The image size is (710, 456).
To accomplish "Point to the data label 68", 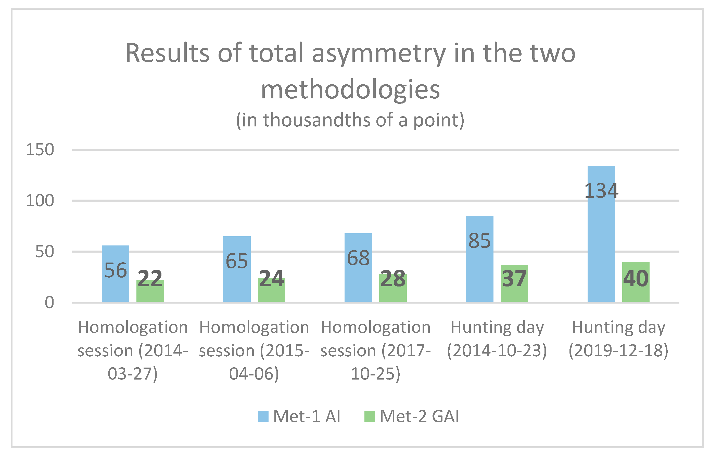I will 358,258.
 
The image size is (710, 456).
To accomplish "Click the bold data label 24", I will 272,279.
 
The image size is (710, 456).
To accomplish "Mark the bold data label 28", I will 393,279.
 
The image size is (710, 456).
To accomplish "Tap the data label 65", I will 237,261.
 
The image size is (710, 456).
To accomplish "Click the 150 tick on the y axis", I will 40,150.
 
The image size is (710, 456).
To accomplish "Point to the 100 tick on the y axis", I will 40,201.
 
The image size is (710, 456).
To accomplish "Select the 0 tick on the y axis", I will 49,303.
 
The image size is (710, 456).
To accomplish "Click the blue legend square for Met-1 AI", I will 263,416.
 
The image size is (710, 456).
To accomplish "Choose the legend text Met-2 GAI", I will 419,416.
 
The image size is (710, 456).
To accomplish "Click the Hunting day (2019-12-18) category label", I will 618,339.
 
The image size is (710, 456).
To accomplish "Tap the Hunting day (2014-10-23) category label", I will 497,339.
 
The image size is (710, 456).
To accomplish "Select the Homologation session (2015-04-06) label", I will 254,350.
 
